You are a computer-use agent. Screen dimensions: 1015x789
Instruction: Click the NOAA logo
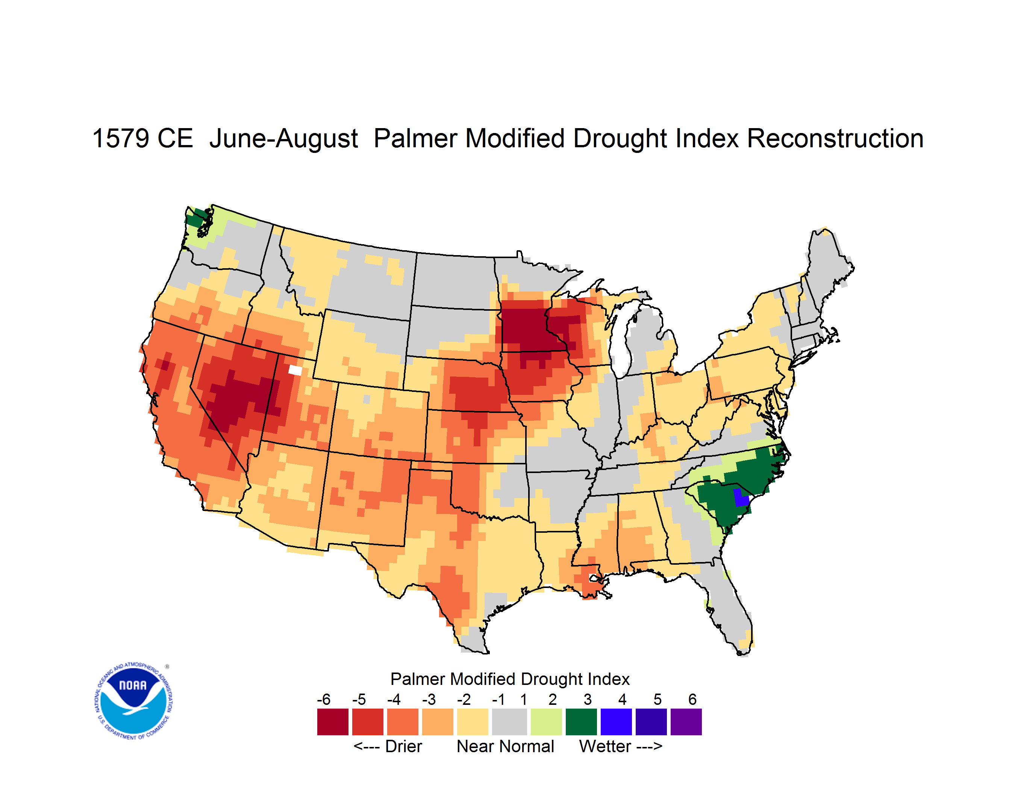coord(133,701)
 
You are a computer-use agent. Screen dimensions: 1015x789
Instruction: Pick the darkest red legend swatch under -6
coord(333,722)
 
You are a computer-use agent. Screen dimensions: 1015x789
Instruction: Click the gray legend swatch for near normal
coord(509,722)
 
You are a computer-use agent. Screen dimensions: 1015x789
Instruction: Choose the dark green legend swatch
coord(581,722)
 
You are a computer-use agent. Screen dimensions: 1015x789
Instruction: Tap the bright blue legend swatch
coord(616,722)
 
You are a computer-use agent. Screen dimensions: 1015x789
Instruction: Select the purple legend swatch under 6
coord(686,722)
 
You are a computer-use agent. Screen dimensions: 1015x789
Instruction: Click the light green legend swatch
coord(546,722)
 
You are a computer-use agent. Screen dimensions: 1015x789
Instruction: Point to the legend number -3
coord(429,699)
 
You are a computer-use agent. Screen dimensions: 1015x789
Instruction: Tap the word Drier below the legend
coord(403,746)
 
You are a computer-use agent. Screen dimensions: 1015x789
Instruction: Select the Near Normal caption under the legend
coord(505,746)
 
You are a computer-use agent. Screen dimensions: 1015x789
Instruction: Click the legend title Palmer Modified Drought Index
coord(510,679)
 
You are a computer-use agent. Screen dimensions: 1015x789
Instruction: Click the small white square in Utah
coord(295,370)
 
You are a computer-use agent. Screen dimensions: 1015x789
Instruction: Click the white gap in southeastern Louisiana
coord(594,578)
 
